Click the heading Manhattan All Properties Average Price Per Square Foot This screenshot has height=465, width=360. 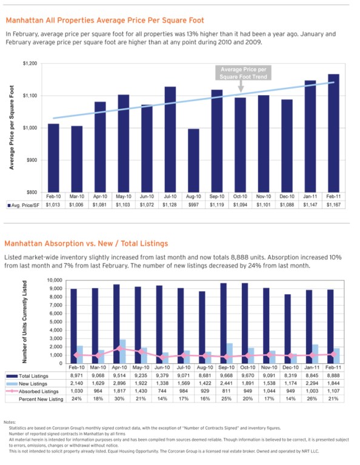[x=105, y=21]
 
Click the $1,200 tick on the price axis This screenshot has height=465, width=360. [x=30, y=64]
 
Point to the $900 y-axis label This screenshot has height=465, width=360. [x=32, y=160]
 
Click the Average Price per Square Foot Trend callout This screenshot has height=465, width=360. [x=241, y=73]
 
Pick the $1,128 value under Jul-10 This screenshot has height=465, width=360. [x=170, y=205]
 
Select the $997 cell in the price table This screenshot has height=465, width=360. [x=193, y=205]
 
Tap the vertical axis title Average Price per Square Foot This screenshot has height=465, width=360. [x=12, y=127]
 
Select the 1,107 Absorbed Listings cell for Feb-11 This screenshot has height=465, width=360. [x=333, y=391]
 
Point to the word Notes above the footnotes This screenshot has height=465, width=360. [x=10, y=421]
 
